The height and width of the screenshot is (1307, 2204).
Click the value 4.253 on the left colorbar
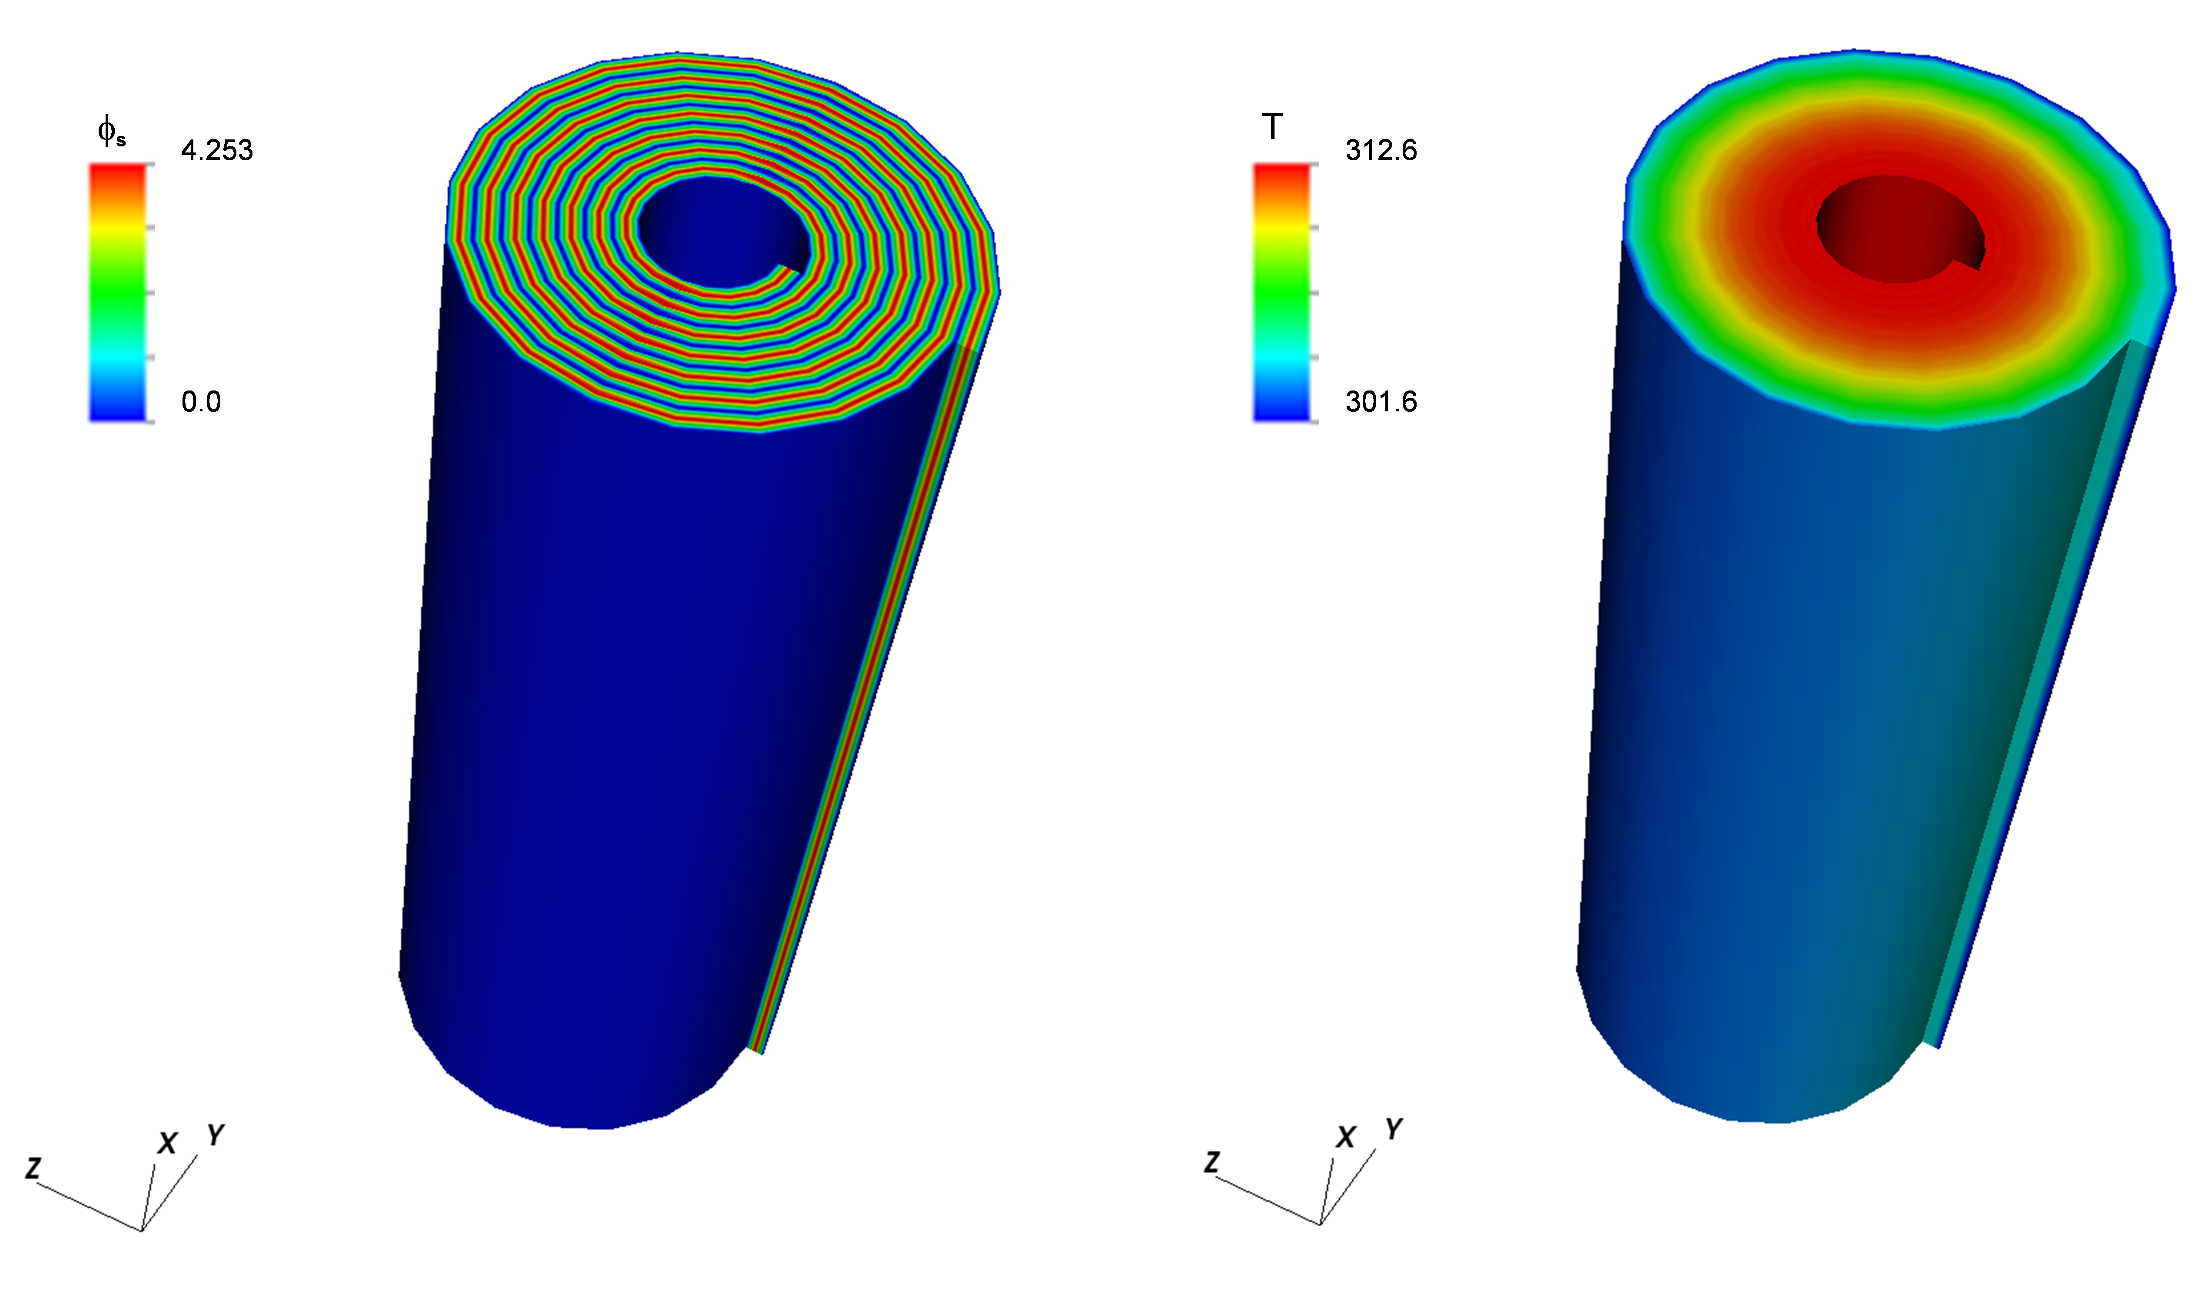pos(217,151)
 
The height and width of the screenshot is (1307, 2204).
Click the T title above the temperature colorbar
pos(1272,128)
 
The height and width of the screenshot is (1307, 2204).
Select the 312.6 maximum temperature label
pos(1381,151)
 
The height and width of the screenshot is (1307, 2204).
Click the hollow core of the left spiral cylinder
pos(722,231)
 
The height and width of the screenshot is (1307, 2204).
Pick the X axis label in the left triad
pos(167,1143)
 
